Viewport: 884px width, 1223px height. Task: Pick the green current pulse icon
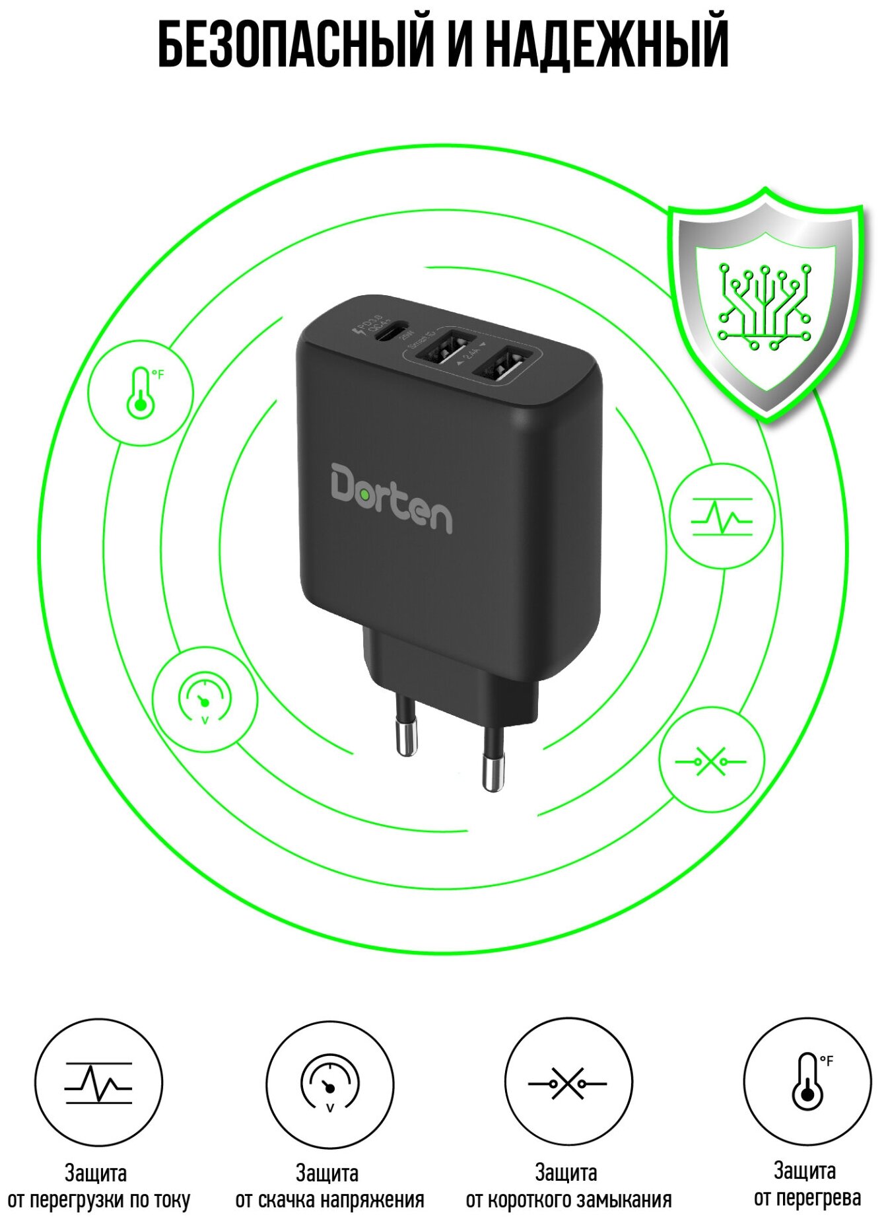coord(721,516)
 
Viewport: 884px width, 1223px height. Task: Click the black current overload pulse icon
coord(98,1083)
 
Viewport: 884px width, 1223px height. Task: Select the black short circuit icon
coord(568,1083)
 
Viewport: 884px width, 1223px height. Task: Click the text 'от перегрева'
coord(807,1198)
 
